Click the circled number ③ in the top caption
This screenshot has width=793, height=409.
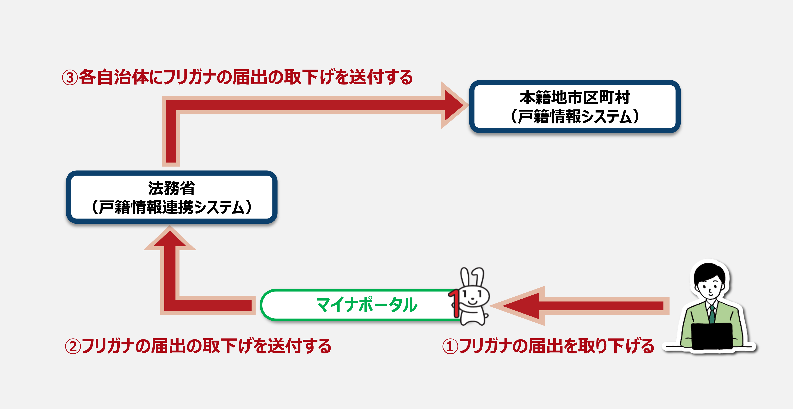click(x=70, y=78)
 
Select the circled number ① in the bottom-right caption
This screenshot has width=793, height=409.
click(x=450, y=347)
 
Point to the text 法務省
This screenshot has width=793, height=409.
click(x=171, y=188)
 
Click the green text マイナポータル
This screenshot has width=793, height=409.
click(x=367, y=305)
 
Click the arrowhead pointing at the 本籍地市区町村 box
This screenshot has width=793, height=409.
click(x=454, y=105)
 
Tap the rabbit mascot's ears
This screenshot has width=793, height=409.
click(x=472, y=277)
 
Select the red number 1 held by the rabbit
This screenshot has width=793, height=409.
click(x=454, y=303)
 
